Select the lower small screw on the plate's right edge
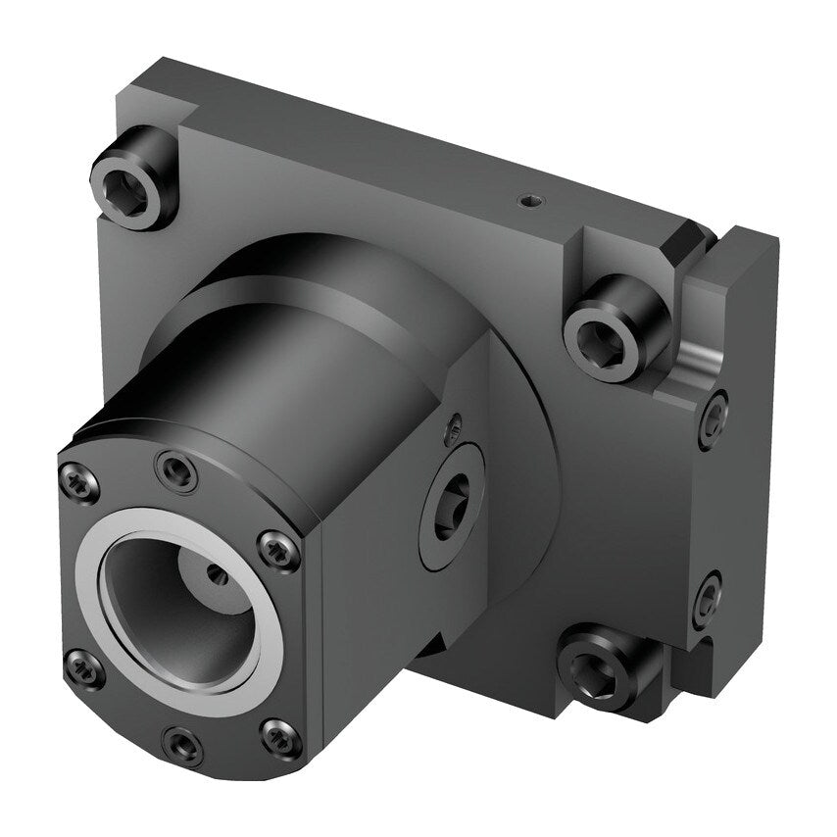(x=708, y=596)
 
